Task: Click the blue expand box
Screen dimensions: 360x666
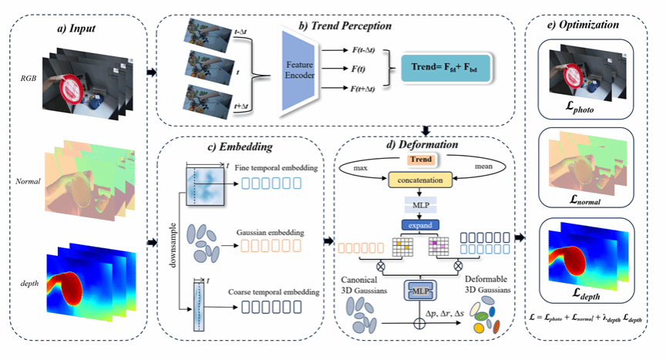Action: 419,226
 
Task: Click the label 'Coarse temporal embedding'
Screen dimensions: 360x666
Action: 271,292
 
